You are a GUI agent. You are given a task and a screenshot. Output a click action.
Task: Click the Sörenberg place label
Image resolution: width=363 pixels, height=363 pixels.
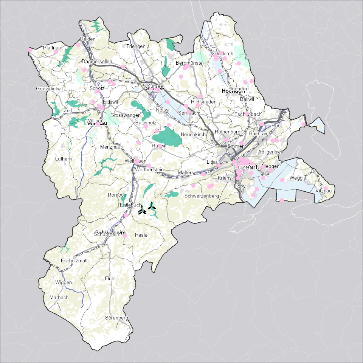(117, 318)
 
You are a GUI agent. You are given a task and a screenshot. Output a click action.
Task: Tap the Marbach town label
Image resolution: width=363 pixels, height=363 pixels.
(59, 298)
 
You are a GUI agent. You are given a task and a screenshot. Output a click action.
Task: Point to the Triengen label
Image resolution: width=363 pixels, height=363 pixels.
(136, 47)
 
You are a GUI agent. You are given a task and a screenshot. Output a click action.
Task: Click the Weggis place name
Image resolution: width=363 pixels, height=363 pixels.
(298, 178)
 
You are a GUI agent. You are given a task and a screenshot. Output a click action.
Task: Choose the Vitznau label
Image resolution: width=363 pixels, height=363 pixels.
(323, 191)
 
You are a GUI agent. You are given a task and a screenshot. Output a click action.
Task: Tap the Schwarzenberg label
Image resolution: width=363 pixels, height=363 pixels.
(202, 196)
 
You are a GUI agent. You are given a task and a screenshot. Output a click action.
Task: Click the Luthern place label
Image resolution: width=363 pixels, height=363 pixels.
(63, 159)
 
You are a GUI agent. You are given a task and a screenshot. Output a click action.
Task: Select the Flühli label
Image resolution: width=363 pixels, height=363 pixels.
(111, 279)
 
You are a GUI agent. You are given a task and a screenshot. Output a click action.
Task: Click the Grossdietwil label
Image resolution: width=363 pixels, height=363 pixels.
(49, 89)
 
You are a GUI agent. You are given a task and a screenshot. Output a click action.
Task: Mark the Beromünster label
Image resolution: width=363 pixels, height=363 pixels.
(190, 63)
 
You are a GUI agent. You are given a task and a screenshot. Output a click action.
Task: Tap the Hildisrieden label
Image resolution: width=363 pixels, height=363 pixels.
(204, 102)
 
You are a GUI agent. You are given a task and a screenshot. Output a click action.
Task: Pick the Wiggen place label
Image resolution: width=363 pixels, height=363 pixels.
(63, 282)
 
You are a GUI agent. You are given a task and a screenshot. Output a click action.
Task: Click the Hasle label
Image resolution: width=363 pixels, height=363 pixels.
(141, 235)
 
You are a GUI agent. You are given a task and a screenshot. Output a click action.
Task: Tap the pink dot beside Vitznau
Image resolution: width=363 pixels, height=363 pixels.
(326, 188)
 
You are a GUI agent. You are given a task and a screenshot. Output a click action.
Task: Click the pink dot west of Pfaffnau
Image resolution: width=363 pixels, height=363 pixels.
(29, 49)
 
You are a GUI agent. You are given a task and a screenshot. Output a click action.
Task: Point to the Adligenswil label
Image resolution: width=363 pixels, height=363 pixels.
(270, 152)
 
